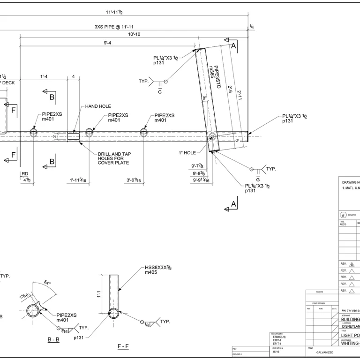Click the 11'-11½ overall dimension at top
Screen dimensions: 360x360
[114, 12]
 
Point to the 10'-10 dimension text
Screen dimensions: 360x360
[134, 34]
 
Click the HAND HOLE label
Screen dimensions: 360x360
[98, 106]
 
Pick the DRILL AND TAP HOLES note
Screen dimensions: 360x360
[113, 158]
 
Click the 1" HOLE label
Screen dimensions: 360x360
[187, 152]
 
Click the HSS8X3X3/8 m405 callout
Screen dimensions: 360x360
[158, 270]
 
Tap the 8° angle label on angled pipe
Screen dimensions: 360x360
[204, 98]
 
